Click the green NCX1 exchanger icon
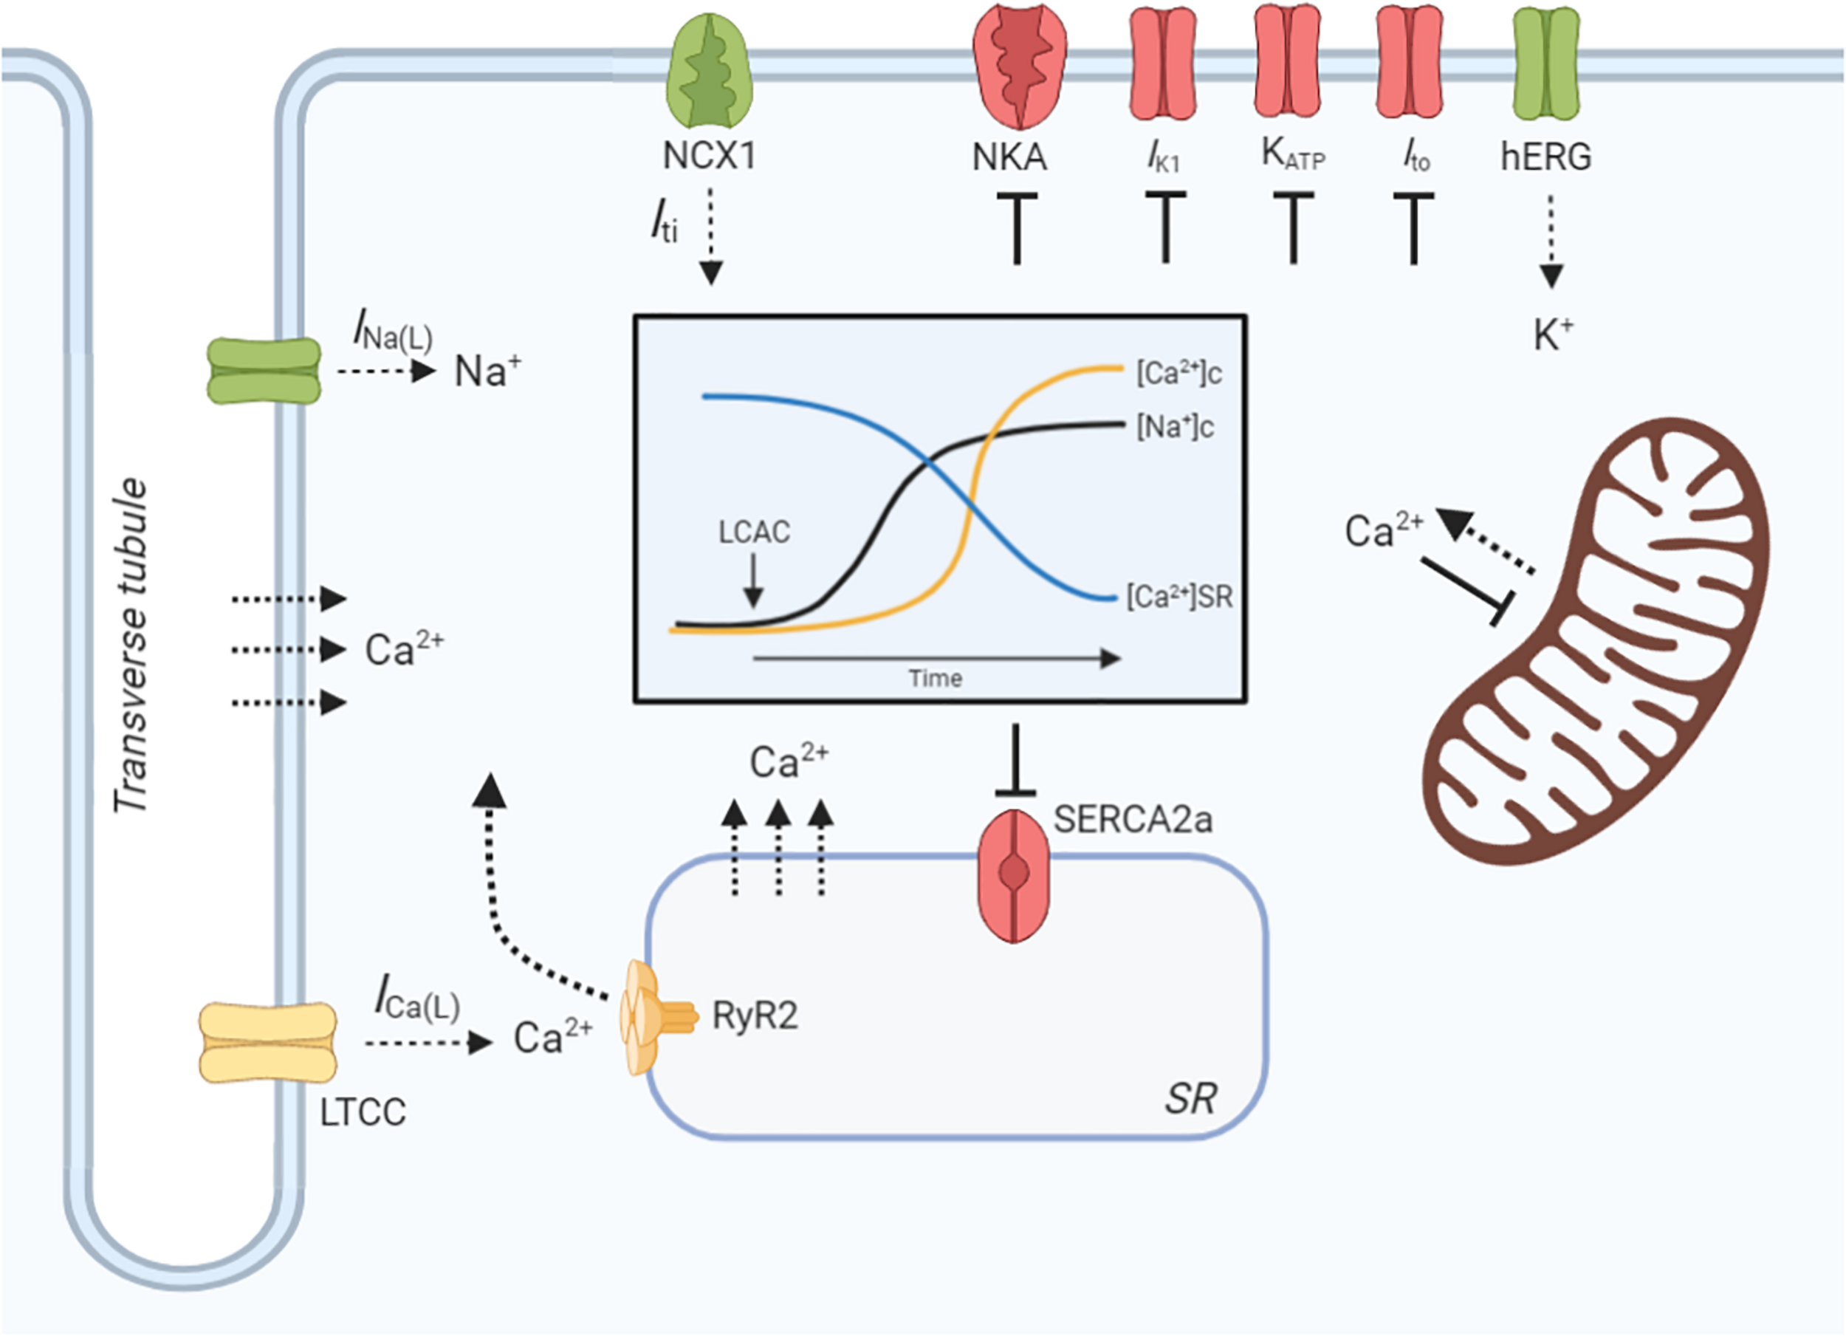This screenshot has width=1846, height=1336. [709, 71]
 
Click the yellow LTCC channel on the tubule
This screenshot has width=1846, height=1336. [268, 1042]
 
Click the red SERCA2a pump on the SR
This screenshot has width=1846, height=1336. [1013, 874]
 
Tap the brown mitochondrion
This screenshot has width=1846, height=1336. [1595, 643]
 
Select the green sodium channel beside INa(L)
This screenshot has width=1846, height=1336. [264, 371]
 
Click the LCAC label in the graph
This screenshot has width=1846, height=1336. [754, 532]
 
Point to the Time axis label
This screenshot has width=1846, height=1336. [936, 678]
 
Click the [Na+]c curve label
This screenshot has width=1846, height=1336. [1175, 427]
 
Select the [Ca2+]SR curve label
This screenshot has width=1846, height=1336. [1179, 597]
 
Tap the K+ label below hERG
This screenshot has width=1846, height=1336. [1553, 335]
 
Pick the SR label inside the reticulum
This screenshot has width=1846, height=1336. [1190, 1099]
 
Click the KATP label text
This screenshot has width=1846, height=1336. [1292, 154]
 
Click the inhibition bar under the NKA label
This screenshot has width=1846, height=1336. [1017, 228]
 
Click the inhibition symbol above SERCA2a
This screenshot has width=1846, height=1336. [1015, 761]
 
